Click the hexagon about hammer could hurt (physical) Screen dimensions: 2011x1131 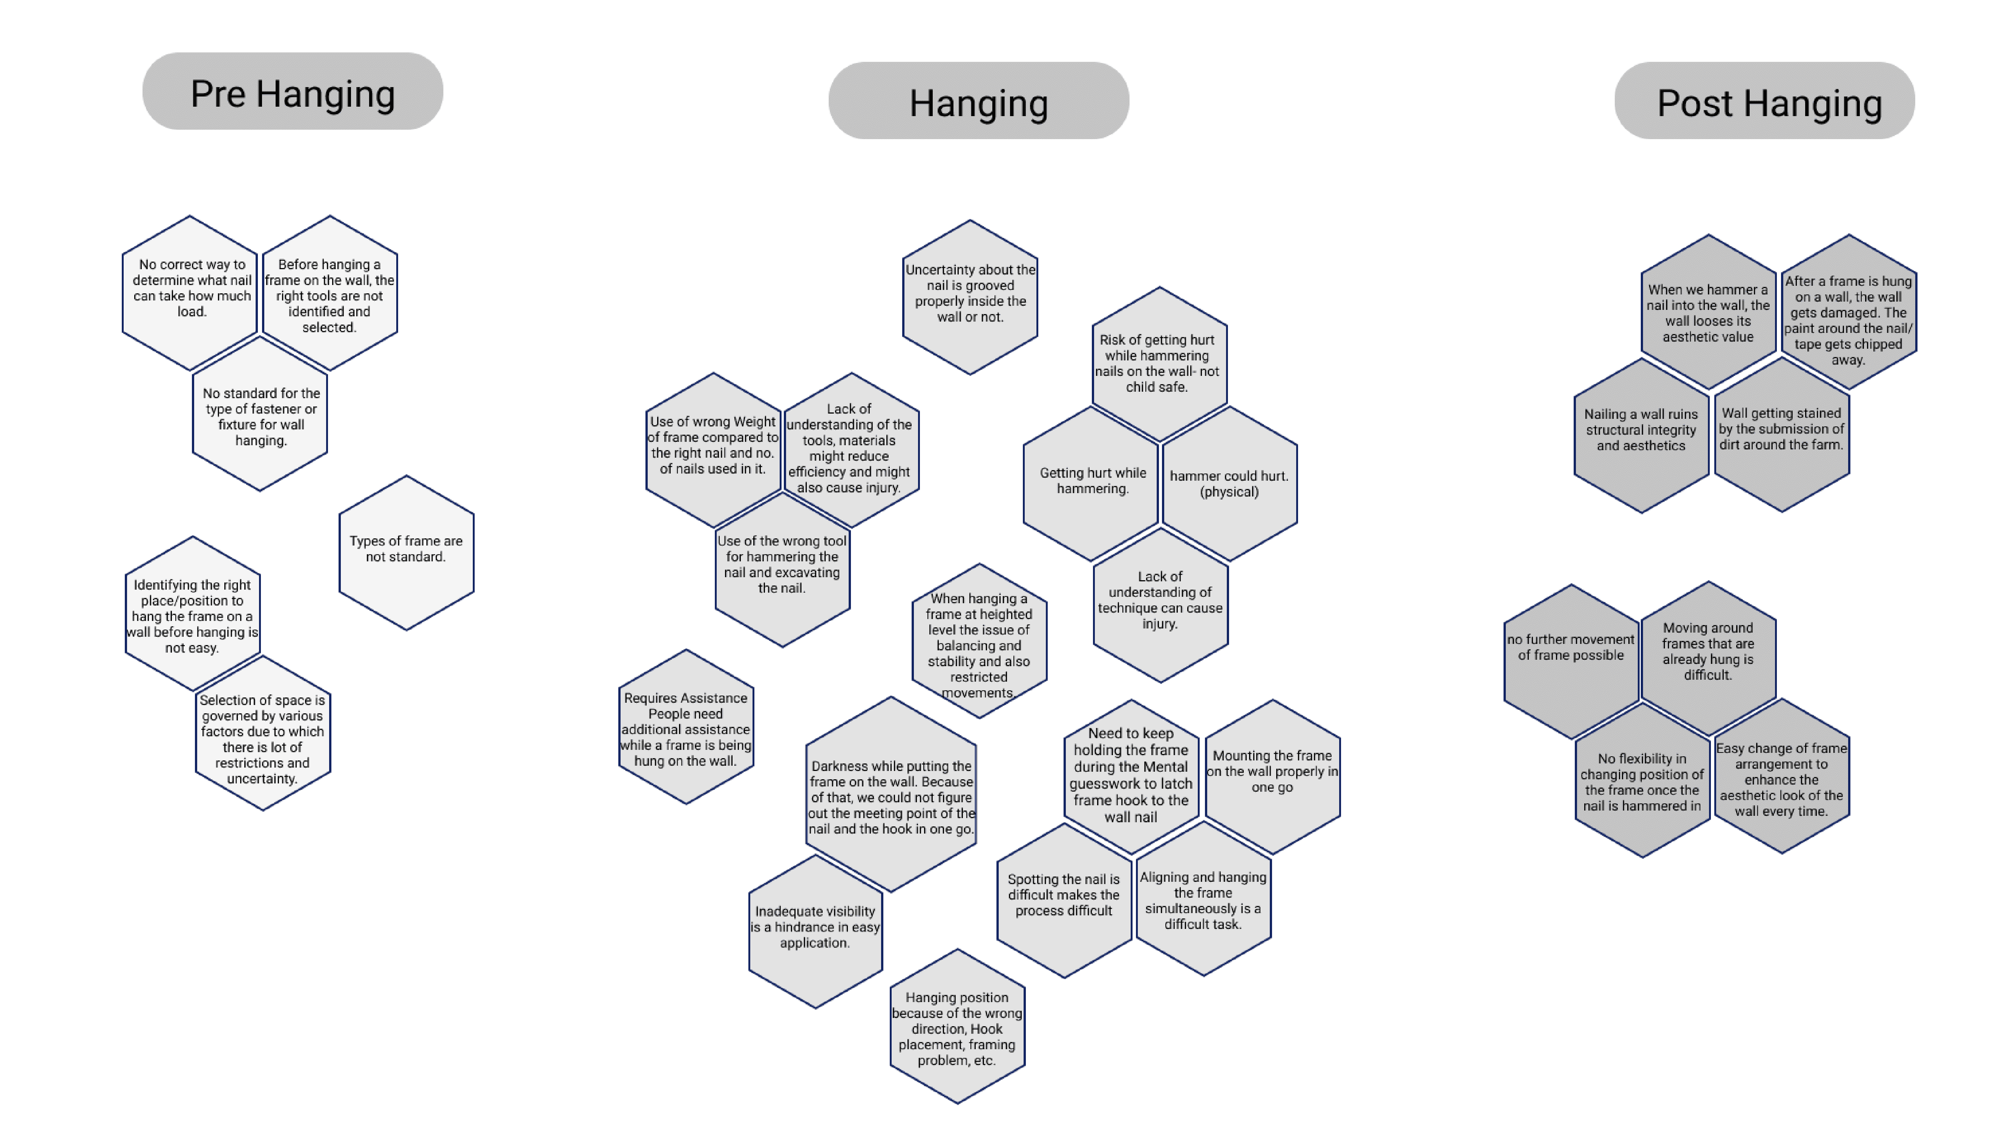coord(1229,484)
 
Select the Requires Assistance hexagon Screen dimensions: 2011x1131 coord(685,728)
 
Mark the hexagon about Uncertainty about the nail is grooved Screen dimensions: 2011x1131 coord(970,297)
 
